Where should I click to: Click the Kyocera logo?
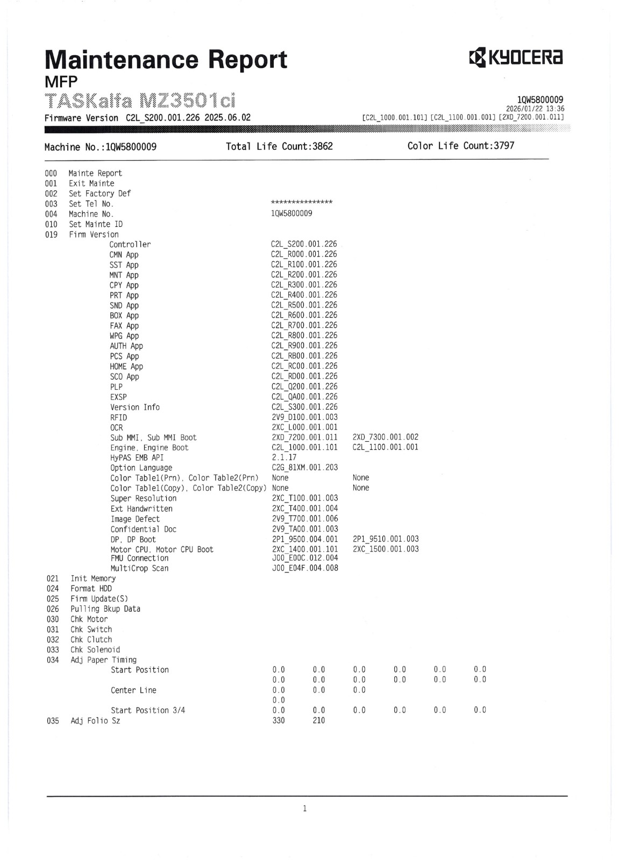point(515,58)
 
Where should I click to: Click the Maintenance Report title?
point(166,60)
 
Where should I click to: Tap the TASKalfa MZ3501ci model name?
point(140,101)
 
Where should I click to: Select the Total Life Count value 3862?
point(323,146)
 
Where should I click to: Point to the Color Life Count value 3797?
point(504,146)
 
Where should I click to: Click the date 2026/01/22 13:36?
point(535,109)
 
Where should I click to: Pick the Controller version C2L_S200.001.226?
point(304,244)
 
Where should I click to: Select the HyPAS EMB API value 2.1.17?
point(284,457)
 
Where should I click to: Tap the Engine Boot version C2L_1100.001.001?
point(385,447)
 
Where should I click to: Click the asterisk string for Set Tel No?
point(302,203)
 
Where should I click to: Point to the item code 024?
point(53,589)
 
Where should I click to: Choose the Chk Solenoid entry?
point(95,650)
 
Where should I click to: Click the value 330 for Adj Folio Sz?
point(279,721)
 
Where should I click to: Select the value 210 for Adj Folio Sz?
point(319,721)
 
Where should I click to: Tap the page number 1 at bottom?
point(305,808)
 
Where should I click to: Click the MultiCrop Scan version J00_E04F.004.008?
point(305,568)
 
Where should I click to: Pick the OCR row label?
point(117,428)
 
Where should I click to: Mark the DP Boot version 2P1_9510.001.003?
point(386,539)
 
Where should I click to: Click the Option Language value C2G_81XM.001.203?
point(305,468)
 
